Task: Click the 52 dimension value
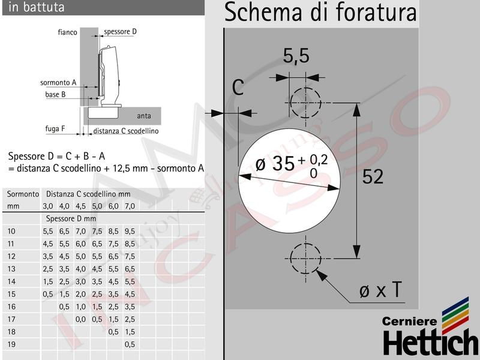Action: click(x=373, y=176)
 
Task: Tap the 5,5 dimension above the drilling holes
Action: click(x=296, y=56)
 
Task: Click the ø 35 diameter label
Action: click(x=275, y=163)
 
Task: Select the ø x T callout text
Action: click(x=380, y=290)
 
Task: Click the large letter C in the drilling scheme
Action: click(x=238, y=87)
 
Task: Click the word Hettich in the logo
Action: click(x=431, y=342)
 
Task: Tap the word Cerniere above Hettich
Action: click(x=409, y=321)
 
